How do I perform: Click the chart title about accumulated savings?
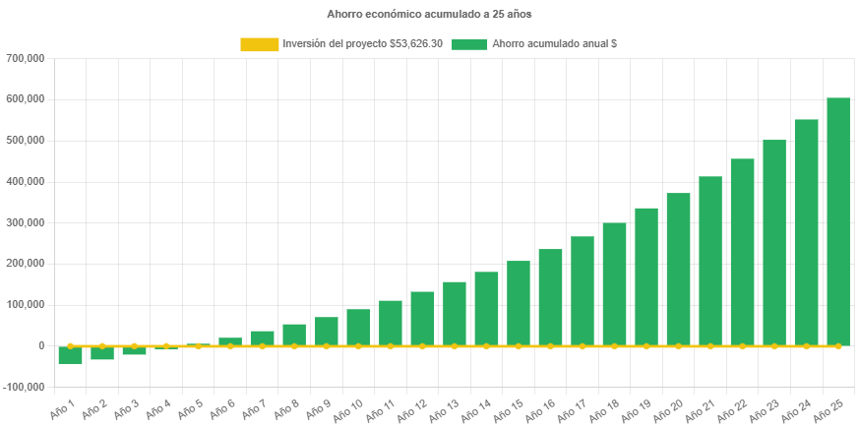[429, 15]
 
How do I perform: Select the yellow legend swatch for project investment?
[259, 44]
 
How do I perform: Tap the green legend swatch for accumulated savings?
[469, 44]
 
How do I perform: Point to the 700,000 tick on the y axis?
[27, 58]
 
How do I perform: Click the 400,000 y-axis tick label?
[27, 181]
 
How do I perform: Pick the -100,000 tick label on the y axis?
[25, 387]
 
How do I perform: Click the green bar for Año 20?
[678, 269]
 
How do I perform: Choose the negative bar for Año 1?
[70, 355]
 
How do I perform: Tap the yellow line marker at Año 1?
[70, 346]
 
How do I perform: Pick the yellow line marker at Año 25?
[838, 346]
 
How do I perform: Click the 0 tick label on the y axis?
[41, 345]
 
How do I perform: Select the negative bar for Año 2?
[102, 353]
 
